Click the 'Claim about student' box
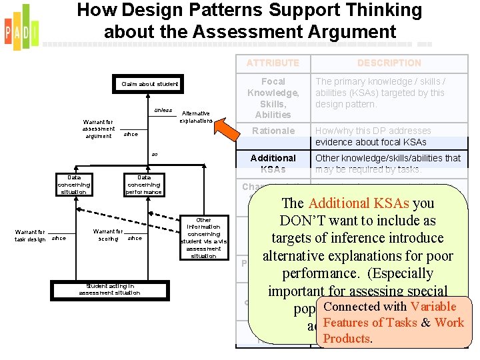[150, 84]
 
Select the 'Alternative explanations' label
[196, 117]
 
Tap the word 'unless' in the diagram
[163, 110]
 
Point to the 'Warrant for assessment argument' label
[99, 129]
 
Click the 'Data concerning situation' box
[74, 185]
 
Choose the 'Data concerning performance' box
[143, 185]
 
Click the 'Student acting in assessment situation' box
[109, 289]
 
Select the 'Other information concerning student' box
[204, 238]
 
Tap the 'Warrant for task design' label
[30, 235]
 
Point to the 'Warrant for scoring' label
[108, 235]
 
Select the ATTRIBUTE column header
[273, 63]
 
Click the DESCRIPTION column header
[389, 63]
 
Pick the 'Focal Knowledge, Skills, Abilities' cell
[273, 98]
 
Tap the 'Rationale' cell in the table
[273, 131]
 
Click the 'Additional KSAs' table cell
[273, 163]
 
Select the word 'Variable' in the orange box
[433, 307]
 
